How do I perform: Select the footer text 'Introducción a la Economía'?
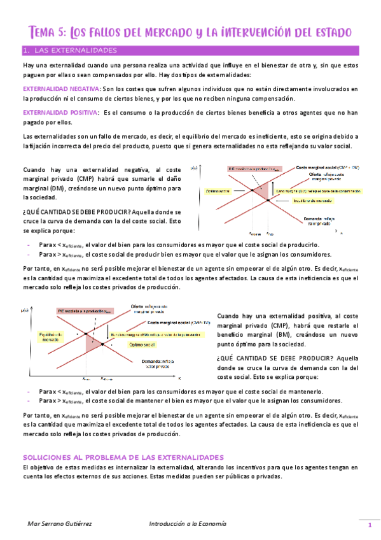(187, 523)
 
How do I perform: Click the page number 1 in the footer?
(369, 525)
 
